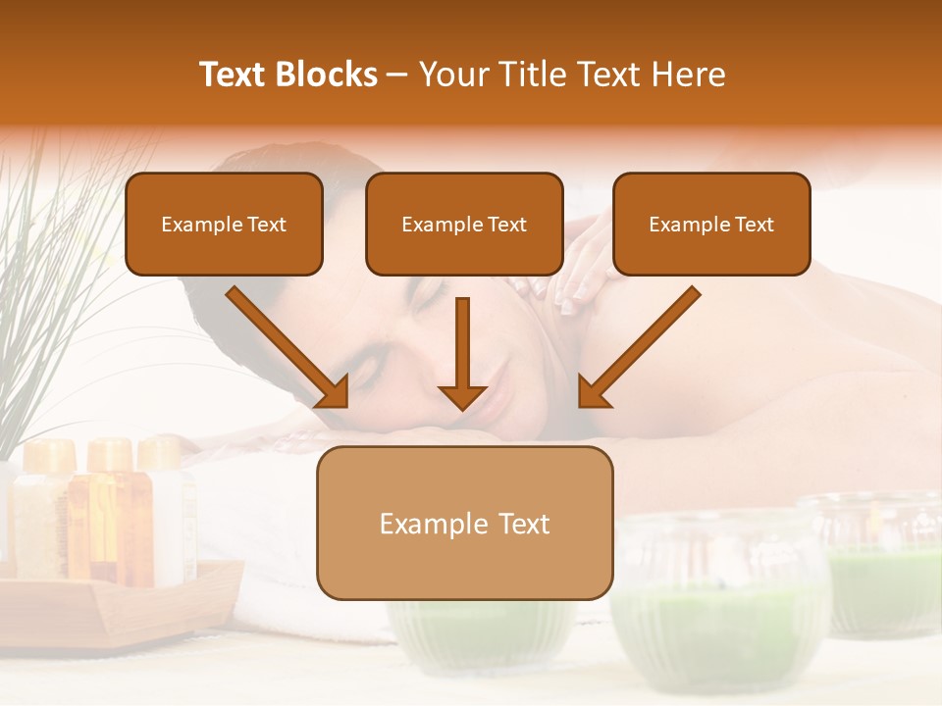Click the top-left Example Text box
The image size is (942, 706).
tap(224, 224)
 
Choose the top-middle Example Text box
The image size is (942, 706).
tap(464, 224)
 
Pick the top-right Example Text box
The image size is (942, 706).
tap(711, 224)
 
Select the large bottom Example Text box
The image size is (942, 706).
tap(464, 523)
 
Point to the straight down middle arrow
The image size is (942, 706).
tap(462, 353)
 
